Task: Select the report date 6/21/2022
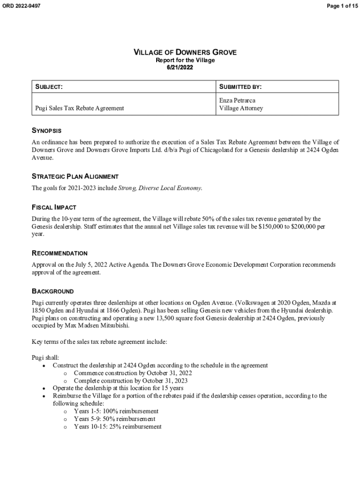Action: pyautogui.click(x=180, y=67)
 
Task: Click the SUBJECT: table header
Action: pyautogui.click(x=49, y=87)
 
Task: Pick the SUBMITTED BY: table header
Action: pyautogui.click(x=240, y=87)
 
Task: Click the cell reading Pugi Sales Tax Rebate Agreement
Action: pyautogui.click(x=80, y=108)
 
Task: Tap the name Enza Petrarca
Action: pyautogui.click(x=238, y=101)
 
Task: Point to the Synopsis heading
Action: pyautogui.click(x=47, y=131)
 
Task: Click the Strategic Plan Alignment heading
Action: pyautogui.click(x=75, y=176)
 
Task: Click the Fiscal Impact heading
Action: pyautogui.click(x=54, y=207)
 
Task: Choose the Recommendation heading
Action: pyautogui.click(x=59, y=253)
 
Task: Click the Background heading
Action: pyautogui.click(x=53, y=291)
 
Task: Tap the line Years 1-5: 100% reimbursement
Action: pyautogui.click(x=116, y=411)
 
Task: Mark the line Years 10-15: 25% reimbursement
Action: pyautogui.click(x=118, y=427)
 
